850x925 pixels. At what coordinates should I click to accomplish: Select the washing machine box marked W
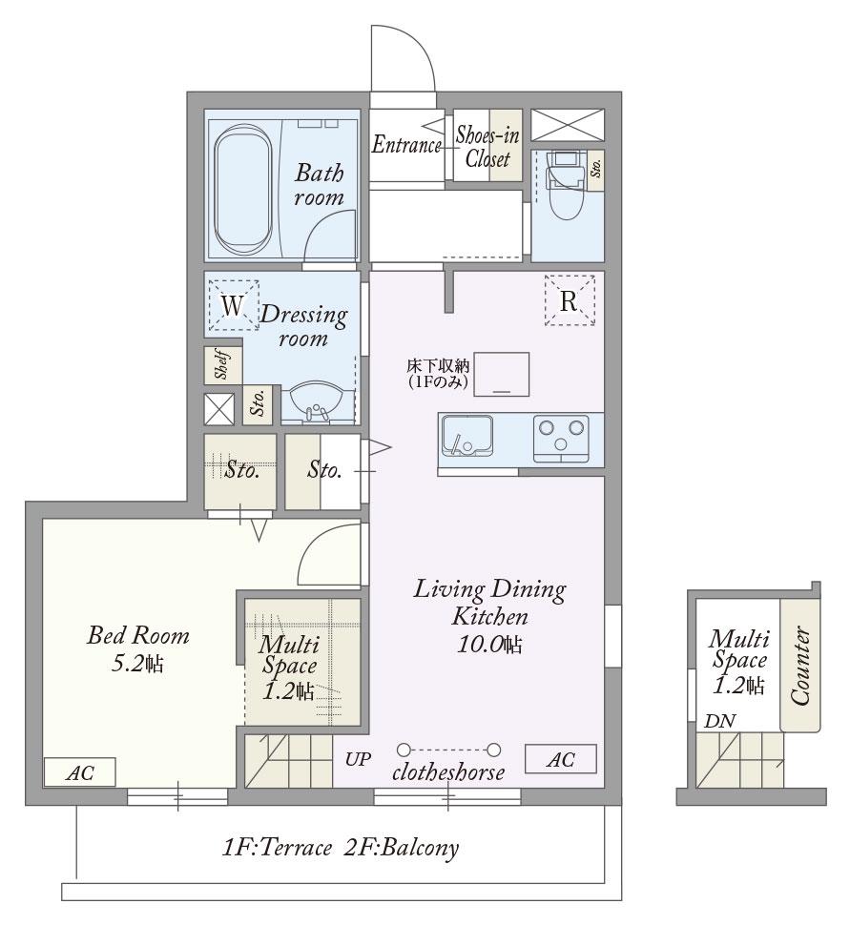pyautogui.click(x=234, y=304)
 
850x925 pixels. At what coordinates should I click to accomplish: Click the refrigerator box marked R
pyautogui.click(x=569, y=300)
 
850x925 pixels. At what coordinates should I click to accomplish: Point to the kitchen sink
pyautogui.click(x=466, y=436)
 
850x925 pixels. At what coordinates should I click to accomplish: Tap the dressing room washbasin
pyautogui.click(x=318, y=403)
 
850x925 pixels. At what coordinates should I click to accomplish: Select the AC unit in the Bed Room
pyautogui.click(x=80, y=772)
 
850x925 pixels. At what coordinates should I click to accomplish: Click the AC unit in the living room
pyautogui.click(x=561, y=759)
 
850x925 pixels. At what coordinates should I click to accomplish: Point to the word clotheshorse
pyautogui.click(x=448, y=772)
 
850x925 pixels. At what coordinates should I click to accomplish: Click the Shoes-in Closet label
pyautogui.click(x=487, y=147)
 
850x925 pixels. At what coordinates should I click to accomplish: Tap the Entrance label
pyautogui.click(x=406, y=145)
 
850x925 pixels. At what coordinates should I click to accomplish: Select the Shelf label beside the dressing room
pyautogui.click(x=222, y=364)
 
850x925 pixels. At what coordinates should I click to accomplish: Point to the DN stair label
pyautogui.click(x=720, y=721)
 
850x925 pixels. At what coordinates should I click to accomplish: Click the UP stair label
pyautogui.click(x=359, y=759)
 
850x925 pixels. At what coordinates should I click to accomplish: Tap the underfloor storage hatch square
pyautogui.click(x=502, y=374)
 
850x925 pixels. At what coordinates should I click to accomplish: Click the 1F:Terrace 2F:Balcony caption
pyautogui.click(x=341, y=849)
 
